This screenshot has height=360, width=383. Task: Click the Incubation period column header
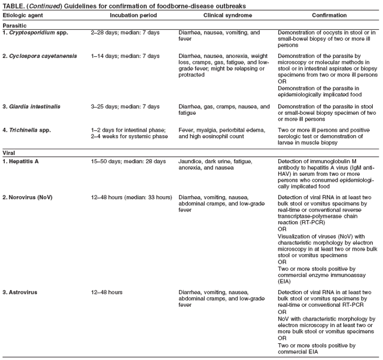coord(127,14)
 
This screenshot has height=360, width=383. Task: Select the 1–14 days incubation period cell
coord(124,56)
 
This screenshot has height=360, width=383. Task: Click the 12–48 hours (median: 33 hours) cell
coord(131,197)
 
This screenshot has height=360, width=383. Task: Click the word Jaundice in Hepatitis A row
coord(191,161)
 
